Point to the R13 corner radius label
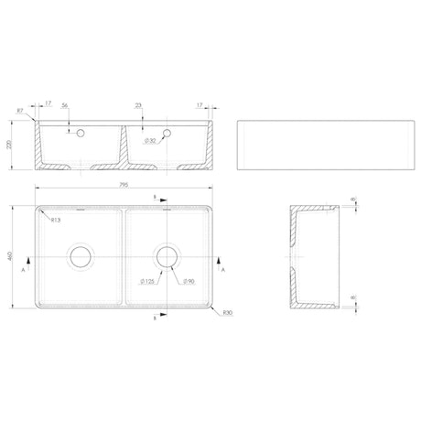click(x=56, y=221)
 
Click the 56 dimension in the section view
click(x=66, y=106)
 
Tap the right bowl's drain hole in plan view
click(x=167, y=257)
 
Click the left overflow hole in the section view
click(x=81, y=134)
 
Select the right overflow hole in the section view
click(x=166, y=134)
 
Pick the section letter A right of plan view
click(x=224, y=271)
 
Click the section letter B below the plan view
click(x=155, y=320)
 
